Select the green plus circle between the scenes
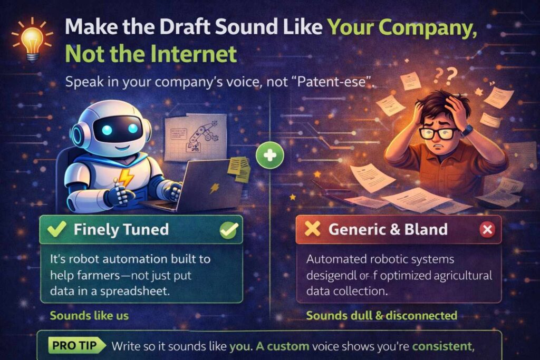tap(271, 155)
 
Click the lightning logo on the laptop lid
tap(214, 188)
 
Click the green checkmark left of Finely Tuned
tap(56, 229)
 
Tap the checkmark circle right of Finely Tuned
tap(229, 229)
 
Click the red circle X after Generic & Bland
tap(487, 230)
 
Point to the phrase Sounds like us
tap(89, 316)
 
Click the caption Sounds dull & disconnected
tap(381, 316)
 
